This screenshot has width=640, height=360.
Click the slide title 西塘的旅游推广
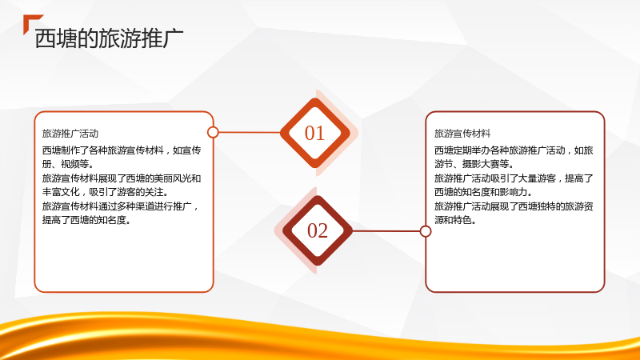(x=109, y=38)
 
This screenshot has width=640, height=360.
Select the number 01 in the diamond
(x=314, y=133)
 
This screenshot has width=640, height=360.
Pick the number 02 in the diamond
(x=318, y=230)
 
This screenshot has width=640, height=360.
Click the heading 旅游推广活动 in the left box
(x=70, y=134)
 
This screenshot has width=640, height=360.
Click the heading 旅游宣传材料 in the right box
(x=462, y=134)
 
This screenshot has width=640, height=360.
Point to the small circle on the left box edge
(x=213, y=132)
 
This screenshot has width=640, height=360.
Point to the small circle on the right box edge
(x=426, y=231)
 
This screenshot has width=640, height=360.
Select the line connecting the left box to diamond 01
(x=250, y=132)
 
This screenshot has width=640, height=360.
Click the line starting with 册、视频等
(x=68, y=164)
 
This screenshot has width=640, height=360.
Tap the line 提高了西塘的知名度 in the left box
(x=86, y=220)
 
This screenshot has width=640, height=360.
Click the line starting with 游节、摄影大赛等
(x=474, y=164)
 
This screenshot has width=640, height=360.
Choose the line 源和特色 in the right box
(x=455, y=220)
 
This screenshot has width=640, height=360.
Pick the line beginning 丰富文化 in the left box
(x=106, y=192)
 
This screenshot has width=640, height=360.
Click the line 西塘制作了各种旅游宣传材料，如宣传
(x=122, y=150)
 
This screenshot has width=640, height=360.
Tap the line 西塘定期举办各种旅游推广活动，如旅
(x=514, y=150)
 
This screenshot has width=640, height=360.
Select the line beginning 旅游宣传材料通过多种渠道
(x=121, y=206)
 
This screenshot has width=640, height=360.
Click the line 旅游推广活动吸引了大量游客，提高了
(x=514, y=178)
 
